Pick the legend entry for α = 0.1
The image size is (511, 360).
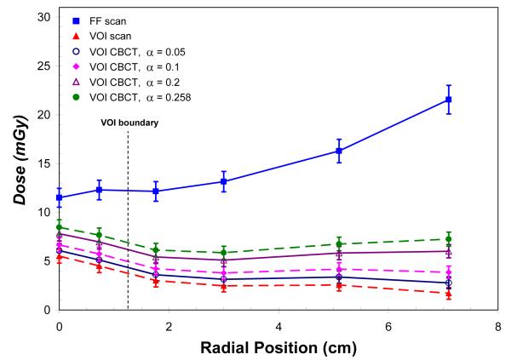click(128, 66)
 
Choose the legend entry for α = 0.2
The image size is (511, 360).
click(128, 81)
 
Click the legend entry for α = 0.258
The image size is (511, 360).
click(133, 97)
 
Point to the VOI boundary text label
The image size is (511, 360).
click(128, 123)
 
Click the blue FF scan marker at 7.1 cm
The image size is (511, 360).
click(449, 100)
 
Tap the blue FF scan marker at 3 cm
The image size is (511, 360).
click(224, 181)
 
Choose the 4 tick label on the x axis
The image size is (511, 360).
click(278, 326)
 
